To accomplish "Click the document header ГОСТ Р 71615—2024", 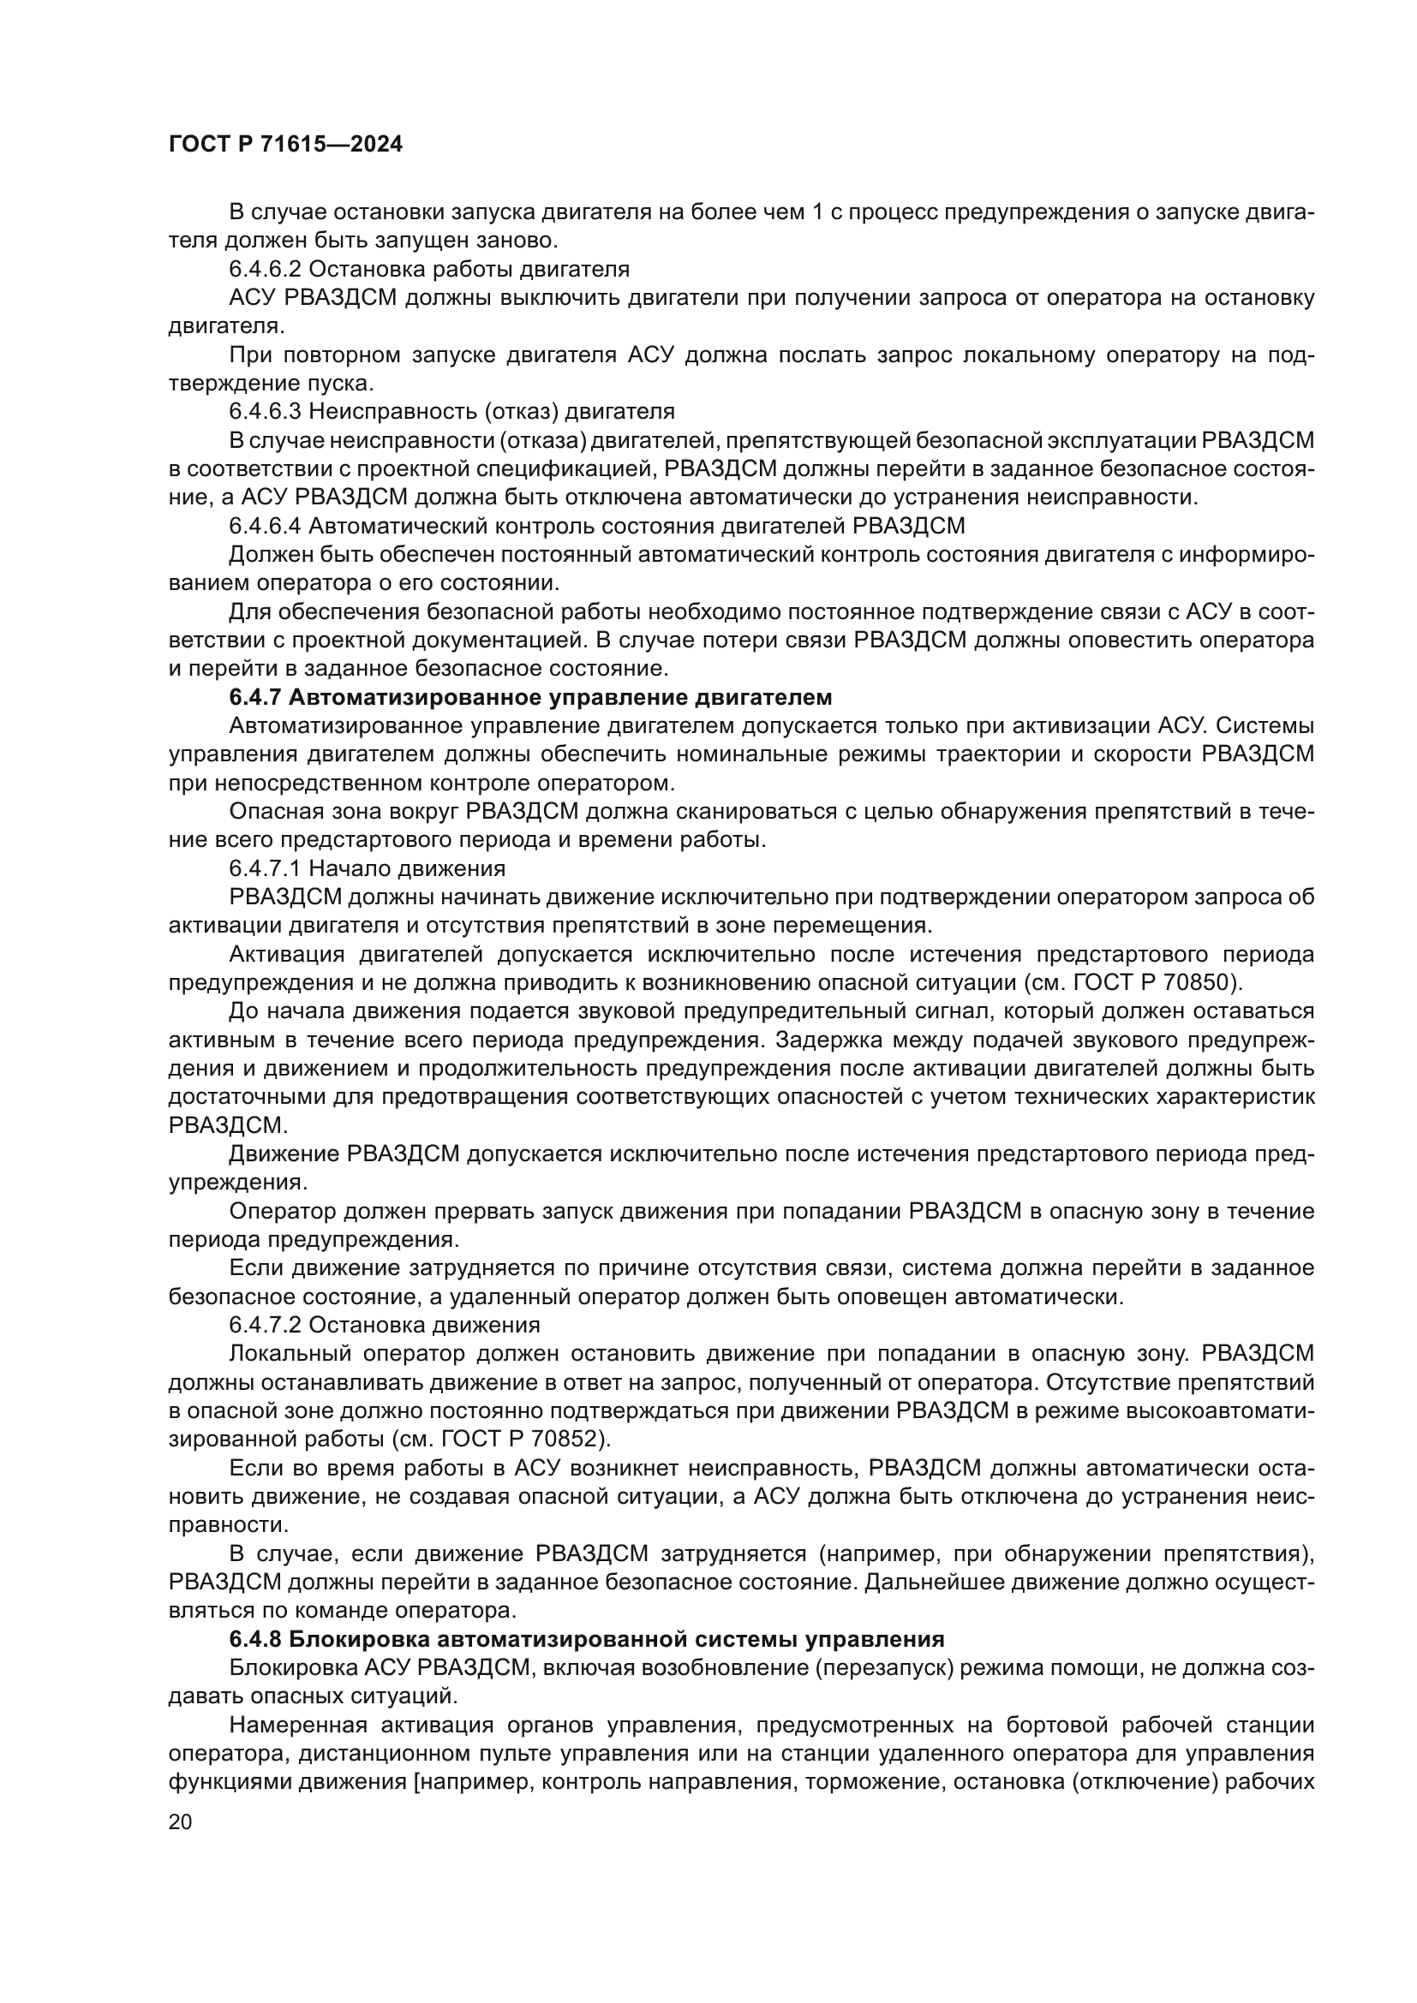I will pyautogui.click(x=285, y=145).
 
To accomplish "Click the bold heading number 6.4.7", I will pyautogui.click(x=254, y=698).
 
